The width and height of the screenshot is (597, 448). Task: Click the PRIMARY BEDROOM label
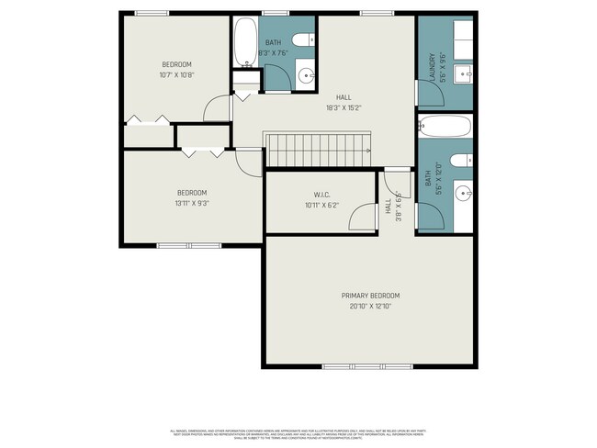370,295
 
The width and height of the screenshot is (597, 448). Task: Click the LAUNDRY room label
431,68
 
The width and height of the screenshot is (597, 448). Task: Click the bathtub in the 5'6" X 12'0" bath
445,125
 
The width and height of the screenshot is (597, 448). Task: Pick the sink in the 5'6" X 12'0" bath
465,192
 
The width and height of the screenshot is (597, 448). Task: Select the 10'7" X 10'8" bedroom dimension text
175,74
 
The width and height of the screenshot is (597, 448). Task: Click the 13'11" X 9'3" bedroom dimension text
191,204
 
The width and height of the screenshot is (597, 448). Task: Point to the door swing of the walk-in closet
366,217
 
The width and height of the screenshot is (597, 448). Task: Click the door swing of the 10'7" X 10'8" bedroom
217,108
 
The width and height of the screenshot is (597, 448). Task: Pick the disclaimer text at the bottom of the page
298,431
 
